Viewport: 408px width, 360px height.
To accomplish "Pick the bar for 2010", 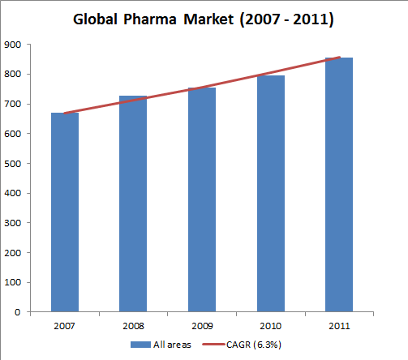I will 270,194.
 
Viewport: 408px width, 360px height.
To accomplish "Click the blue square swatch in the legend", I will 136,345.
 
